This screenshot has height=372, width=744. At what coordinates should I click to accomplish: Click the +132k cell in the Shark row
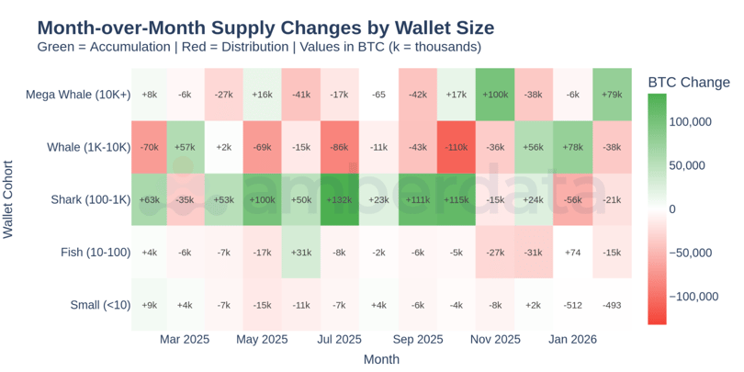point(339,199)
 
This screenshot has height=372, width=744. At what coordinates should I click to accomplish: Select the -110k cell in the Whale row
point(456,147)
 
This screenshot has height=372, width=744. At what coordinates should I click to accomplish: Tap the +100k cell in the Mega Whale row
point(494,95)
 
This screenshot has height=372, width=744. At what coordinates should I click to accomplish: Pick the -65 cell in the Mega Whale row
point(378,95)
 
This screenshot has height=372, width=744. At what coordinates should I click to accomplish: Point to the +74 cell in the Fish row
point(572,252)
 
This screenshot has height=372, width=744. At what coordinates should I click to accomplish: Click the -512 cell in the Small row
point(572,305)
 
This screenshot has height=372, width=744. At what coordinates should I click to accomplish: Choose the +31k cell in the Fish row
point(300,252)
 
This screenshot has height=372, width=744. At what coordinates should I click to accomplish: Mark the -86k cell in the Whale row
point(339,147)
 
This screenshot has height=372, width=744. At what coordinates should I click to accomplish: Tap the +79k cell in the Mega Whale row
point(611,95)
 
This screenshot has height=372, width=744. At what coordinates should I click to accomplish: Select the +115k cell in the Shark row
point(456,199)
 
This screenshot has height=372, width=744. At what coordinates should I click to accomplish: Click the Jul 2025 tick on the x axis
point(339,340)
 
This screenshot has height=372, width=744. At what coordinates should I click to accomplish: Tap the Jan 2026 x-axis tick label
point(572,340)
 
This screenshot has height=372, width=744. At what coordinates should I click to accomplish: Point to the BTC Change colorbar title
point(689,82)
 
